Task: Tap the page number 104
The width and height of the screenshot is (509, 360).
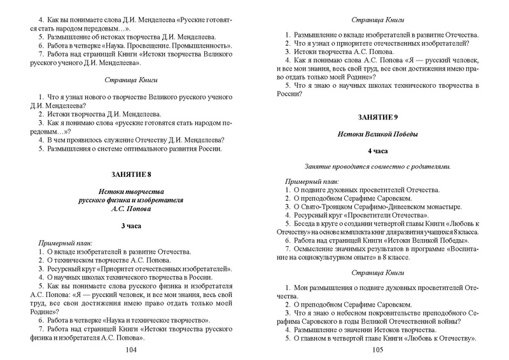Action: (x=132, y=350)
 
